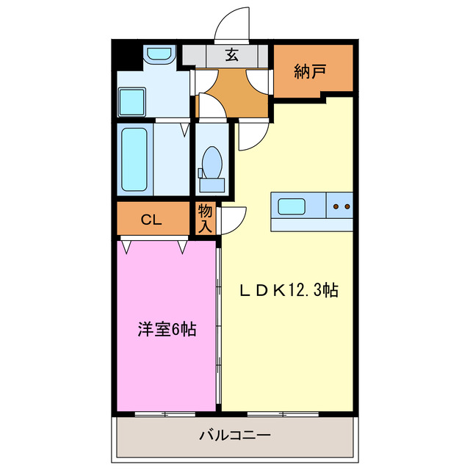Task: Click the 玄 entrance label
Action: [x=231, y=54]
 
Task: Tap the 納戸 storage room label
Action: [x=310, y=71]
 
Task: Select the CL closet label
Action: [x=151, y=219]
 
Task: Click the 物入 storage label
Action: [x=205, y=218]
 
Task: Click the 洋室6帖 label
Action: [x=166, y=330]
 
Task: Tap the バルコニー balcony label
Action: [x=235, y=435]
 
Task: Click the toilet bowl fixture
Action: [x=212, y=161]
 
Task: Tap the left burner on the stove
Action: [x=336, y=206]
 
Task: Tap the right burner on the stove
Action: [x=347, y=206]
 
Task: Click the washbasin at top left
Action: [x=157, y=54]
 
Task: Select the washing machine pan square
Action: [x=133, y=100]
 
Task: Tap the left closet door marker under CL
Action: [x=128, y=247]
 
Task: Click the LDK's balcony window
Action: [x=283, y=413]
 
